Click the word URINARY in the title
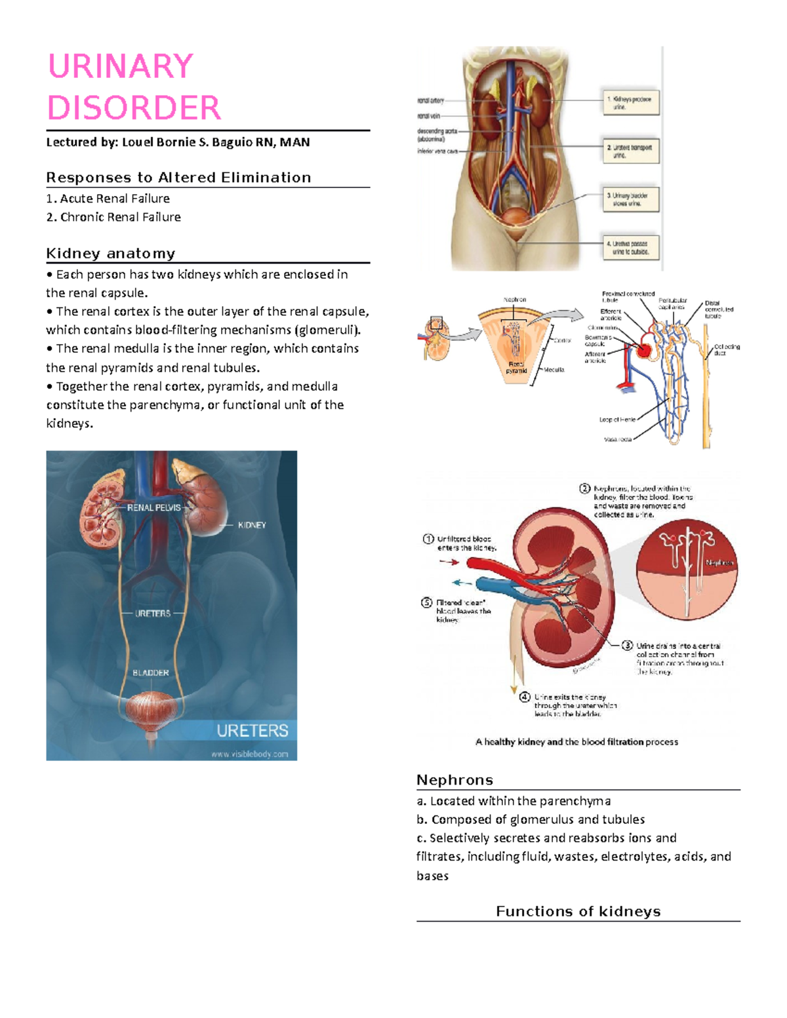(121, 66)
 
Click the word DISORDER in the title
(134, 108)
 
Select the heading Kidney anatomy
(111, 254)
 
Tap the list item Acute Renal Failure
(114, 199)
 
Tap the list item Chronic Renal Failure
(120, 217)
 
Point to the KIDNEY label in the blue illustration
(252, 525)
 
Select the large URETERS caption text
(252, 730)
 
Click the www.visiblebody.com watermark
(249, 754)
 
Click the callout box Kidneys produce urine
(630, 103)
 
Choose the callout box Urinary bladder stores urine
(630, 199)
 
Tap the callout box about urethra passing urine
(630, 248)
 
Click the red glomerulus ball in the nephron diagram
(644, 351)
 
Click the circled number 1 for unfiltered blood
(428, 539)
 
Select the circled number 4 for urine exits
(525, 697)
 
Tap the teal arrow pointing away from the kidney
(462, 582)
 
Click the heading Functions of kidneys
(578, 911)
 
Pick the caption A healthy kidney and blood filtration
(576, 742)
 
